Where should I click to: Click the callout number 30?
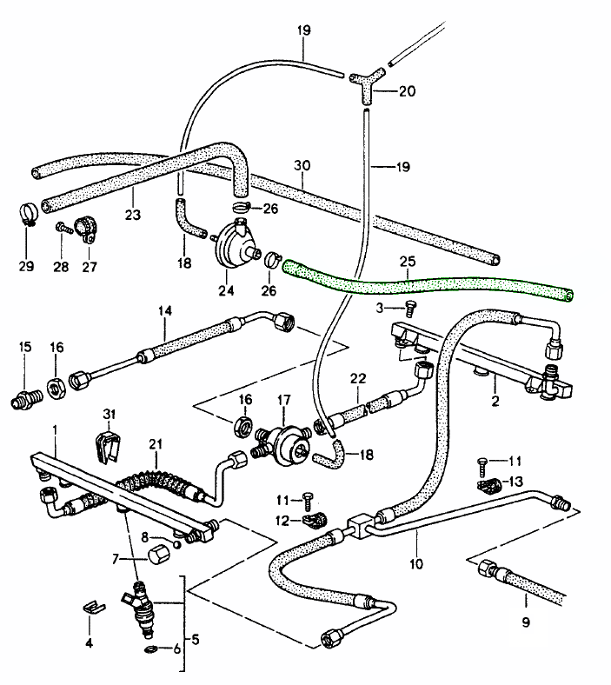301,164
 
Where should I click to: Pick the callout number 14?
164,310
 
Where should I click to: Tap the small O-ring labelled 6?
151,648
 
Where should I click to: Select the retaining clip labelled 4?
90,605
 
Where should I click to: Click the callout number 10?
416,563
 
